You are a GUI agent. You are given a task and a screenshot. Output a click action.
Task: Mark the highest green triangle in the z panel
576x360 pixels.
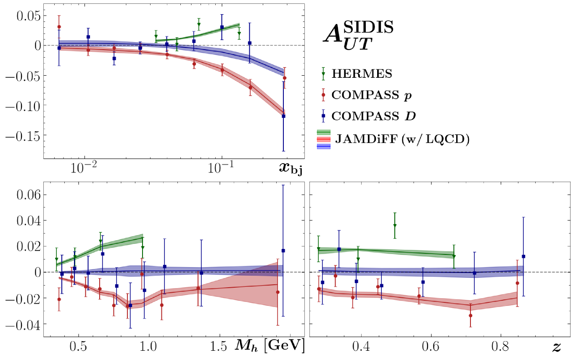coord(395,226)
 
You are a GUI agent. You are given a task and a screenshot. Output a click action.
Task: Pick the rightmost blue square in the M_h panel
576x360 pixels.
coord(283,251)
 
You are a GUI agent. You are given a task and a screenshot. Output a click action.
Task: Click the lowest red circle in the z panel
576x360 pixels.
coord(470,315)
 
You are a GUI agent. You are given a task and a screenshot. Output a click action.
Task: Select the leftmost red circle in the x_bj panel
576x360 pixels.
coord(59,27)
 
